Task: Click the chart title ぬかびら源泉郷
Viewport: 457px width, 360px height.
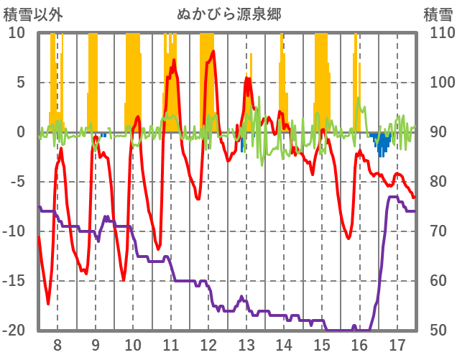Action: tap(229, 14)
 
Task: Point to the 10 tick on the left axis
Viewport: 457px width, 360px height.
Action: tap(17, 33)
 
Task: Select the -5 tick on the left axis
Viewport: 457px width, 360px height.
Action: tap(17, 182)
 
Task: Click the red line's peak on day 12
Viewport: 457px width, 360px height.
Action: tap(212, 52)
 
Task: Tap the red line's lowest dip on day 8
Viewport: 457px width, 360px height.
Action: tap(48, 303)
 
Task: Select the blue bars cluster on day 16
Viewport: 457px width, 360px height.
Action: tap(381, 144)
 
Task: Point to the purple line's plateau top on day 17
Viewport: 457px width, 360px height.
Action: tap(394, 197)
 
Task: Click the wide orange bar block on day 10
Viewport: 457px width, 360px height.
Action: tap(133, 79)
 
